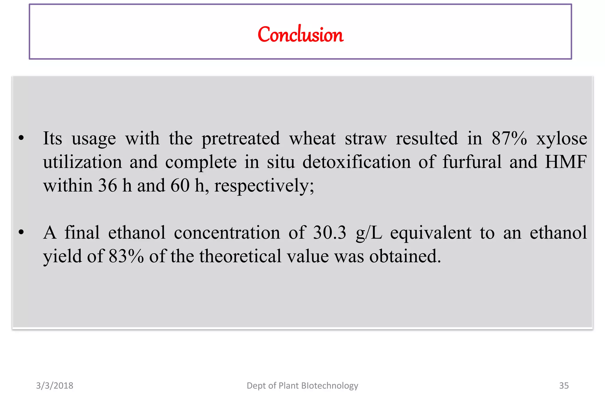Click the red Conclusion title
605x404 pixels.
tap(300, 35)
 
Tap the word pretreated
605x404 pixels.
tap(240, 139)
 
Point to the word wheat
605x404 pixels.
tap(312, 139)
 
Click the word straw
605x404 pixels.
tap(366, 139)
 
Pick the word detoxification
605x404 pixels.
tap(357, 162)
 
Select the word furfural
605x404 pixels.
tap(472, 162)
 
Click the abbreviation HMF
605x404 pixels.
tap(566, 162)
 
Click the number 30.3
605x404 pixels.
tap(329, 233)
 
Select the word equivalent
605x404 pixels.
tap(431, 233)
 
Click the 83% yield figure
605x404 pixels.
tap(126, 256)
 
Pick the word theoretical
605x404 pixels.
tap(240, 256)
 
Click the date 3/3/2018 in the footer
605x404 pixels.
tap(55, 386)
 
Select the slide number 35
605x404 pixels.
tap(564, 386)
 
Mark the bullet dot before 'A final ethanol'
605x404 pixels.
tap(21, 232)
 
